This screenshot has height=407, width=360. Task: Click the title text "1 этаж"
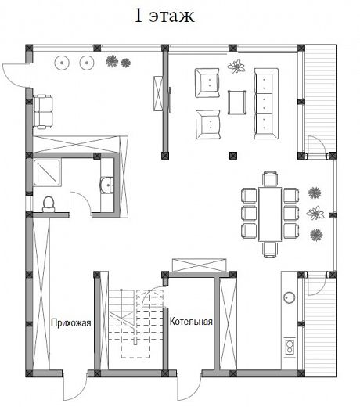[x=164, y=16]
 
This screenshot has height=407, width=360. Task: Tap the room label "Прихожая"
[x=71, y=322]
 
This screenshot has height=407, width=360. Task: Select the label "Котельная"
[x=191, y=321]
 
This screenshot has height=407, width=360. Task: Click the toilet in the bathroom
[x=49, y=204]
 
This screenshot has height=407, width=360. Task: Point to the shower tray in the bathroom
[x=47, y=173]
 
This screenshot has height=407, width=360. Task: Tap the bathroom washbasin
[x=107, y=185]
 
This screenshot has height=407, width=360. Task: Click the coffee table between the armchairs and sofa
[x=236, y=103]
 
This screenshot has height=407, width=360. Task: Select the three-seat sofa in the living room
[x=266, y=103]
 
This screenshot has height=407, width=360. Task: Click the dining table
[x=270, y=214]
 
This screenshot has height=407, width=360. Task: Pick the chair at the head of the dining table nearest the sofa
[x=270, y=178]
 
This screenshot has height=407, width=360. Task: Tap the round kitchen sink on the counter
[x=290, y=297]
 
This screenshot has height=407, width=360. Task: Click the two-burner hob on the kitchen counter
[x=290, y=347]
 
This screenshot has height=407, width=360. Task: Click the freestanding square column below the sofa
[x=233, y=156]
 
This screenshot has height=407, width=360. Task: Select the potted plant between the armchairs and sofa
[x=236, y=66]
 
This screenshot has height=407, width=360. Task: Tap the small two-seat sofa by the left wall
[x=43, y=112]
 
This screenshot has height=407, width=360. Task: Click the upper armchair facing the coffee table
[x=207, y=83]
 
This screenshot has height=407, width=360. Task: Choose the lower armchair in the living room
[x=208, y=124]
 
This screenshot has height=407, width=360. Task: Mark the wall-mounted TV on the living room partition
[x=170, y=100]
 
